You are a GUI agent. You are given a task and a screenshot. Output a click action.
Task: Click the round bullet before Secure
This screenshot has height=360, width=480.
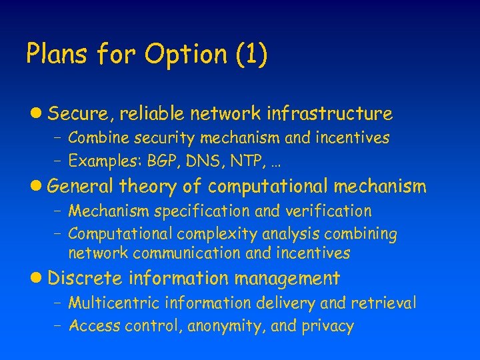(x=39, y=114)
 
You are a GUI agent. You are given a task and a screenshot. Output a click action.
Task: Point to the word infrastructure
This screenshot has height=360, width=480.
(x=329, y=114)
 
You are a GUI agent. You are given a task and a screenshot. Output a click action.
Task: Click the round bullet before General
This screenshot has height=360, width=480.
(x=39, y=187)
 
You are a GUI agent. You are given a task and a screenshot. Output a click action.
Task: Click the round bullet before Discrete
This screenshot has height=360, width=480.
(x=39, y=278)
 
